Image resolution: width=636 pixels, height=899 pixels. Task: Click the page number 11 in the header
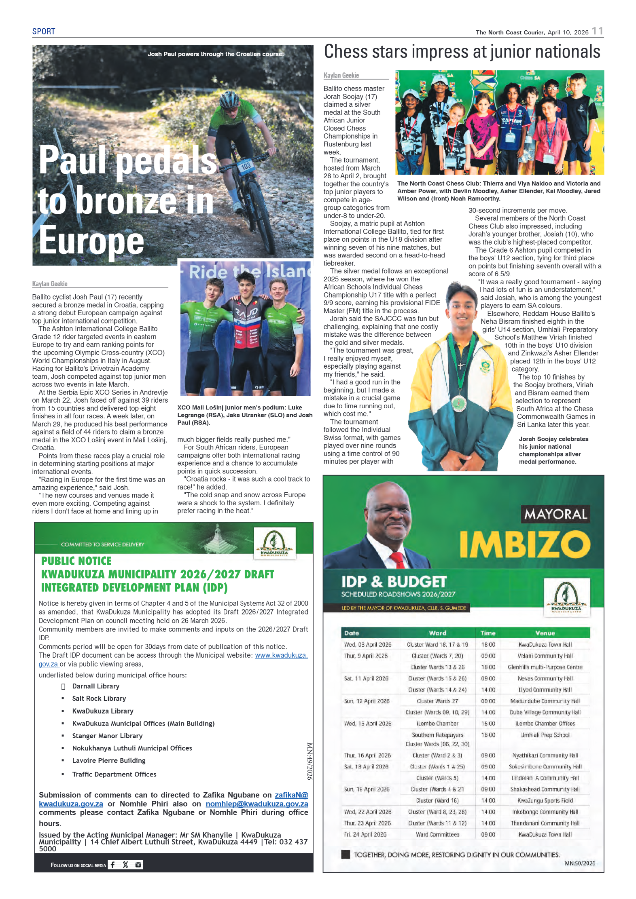(x=597, y=31)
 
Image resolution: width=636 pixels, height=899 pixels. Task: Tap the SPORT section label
(x=44, y=32)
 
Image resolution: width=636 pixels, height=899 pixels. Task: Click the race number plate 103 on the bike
(x=246, y=166)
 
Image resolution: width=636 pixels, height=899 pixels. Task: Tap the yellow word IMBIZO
(x=524, y=544)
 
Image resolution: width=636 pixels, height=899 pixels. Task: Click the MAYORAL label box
(x=555, y=514)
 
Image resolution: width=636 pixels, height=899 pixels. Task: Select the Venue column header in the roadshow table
(x=545, y=633)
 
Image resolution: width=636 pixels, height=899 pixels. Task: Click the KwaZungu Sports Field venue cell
(x=545, y=800)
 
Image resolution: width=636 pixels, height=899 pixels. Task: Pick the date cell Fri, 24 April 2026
(x=365, y=834)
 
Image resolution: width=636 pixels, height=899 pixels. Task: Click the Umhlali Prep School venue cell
(x=545, y=735)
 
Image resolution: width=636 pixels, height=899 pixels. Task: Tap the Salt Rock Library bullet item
(x=99, y=699)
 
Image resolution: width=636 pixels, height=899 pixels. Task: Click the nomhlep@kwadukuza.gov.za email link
(x=257, y=804)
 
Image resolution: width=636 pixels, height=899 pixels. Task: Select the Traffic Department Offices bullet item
(x=114, y=774)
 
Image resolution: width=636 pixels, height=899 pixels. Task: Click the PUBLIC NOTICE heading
(x=76, y=561)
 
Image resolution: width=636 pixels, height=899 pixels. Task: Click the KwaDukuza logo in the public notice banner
(x=274, y=543)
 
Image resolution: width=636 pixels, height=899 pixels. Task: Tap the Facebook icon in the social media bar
(x=113, y=865)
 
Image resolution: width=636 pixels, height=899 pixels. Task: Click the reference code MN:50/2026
(x=580, y=863)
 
